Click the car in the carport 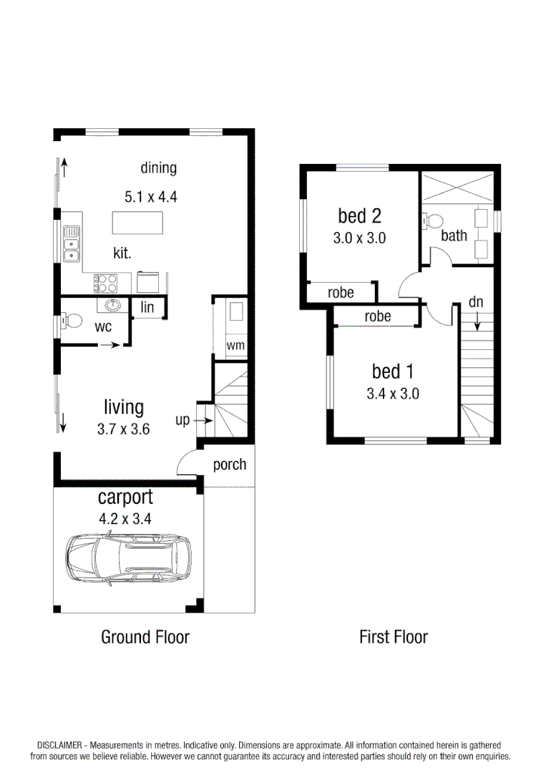click(x=129, y=559)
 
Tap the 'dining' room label click(x=158, y=168)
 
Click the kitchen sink click(x=71, y=243)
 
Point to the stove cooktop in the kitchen click(x=106, y=283)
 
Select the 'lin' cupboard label click(x=147, y=308)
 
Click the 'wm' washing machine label click(x=235, y=346)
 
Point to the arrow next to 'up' click(x=203, y=421)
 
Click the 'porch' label click(x=229, y=465)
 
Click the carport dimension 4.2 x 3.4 click(x=126, y=519)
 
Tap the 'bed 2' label click(x=359, y=215)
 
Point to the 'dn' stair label click(x=476, y=302)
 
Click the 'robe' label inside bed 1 click(x=377, y=316)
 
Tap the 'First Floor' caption click(x=393, y=636)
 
